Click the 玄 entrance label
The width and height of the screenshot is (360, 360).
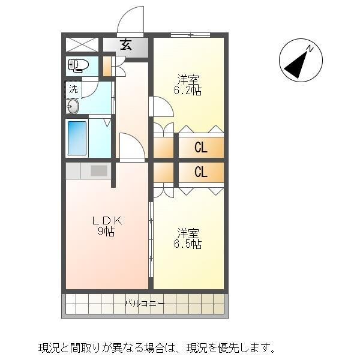coord(126,45)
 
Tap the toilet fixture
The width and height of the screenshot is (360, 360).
coord(79,65)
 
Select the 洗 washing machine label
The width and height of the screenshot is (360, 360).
coord(73,89)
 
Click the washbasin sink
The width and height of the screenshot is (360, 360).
coord(73,106)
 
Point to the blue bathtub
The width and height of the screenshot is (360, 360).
coord(77,139)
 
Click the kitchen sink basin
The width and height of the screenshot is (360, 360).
coord(99,170)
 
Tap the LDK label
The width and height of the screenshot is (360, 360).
coord(107,221)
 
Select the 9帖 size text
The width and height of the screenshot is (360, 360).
coord(106,232)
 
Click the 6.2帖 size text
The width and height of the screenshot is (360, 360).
coord(188,91)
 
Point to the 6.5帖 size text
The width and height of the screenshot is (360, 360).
coord(188,244)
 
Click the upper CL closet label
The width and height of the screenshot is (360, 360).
coord(201,148)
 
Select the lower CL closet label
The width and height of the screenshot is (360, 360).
coord(201,172)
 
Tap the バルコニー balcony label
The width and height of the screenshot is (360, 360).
coord(145,304)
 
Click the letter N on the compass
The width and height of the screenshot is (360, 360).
coord(310,49)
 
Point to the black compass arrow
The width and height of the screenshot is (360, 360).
coord(296,65)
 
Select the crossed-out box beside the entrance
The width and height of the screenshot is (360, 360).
coord(82,44)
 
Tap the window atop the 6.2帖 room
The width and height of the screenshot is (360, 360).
coord(191,35)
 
